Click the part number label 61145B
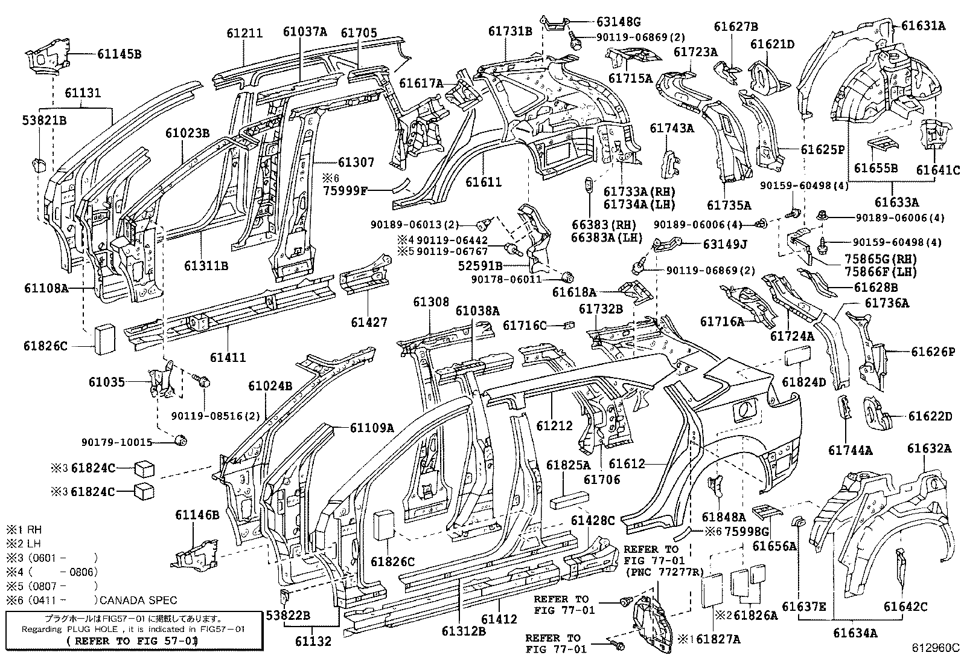(119, 54)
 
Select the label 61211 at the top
(244, 33)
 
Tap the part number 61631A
(923, 25)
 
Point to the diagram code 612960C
(934, 648)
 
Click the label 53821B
(44, 120)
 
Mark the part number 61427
(369, 323)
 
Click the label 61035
(106, 382)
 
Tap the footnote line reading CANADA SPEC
(138, 600)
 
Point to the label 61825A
(569, 465)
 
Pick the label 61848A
(724, 517)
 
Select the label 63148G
(618, 22)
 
